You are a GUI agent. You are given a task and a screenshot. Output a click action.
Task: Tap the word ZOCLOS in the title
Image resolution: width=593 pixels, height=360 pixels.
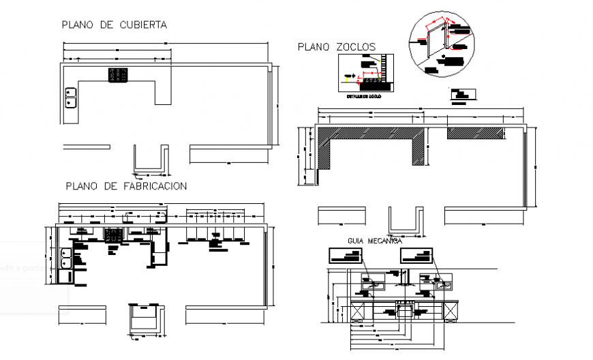coord(355,47)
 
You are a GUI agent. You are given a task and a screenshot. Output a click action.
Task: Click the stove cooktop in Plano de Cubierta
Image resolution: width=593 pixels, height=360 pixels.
coord(117,75)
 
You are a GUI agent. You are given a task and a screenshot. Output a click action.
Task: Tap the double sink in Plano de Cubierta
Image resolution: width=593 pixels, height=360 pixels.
coord(70,98)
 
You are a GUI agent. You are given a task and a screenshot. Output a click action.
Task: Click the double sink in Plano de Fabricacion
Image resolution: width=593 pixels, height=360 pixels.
coord(65,258)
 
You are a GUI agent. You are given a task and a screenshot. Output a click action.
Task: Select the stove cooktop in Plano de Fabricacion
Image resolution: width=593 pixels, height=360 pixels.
coord(112,235)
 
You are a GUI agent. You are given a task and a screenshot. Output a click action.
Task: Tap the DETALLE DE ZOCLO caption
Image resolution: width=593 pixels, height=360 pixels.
coord(364,97)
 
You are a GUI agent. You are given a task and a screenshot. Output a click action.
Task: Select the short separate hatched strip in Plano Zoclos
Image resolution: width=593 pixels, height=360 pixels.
coord(476,134)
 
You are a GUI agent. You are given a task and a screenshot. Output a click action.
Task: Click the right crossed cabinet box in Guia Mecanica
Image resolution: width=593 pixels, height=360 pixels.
coord(449,310)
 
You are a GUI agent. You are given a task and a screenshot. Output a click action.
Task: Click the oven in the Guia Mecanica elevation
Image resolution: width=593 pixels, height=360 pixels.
coord(406,310)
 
